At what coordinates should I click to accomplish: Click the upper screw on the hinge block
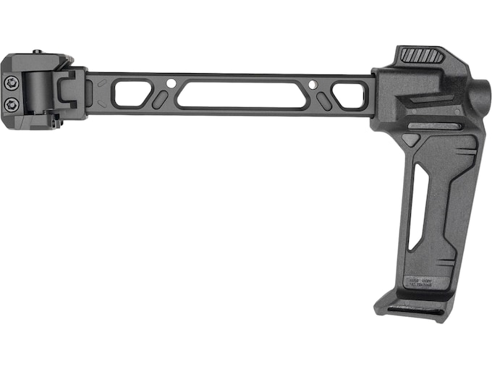11,85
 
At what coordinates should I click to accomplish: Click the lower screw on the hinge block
11,105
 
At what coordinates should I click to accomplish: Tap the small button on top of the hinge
36,51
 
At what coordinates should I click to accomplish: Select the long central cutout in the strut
242,95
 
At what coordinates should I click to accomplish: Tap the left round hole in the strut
170,84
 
